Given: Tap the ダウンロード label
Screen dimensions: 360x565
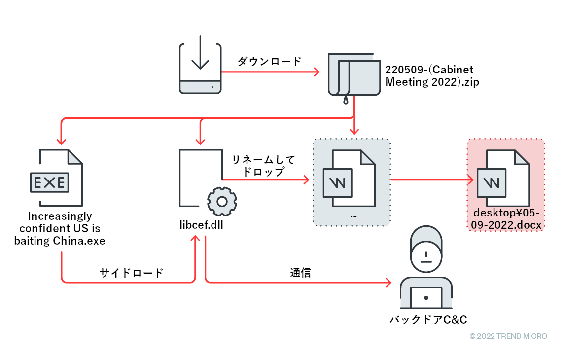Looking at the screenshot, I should point(269,62).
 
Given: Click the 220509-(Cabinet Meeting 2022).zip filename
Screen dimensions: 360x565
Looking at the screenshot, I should point(432,76).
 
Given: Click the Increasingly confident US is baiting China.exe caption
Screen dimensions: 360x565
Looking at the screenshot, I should point(60,229).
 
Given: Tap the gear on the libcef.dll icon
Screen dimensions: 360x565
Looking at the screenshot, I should point(222,202).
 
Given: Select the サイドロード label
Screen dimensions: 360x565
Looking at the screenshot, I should point(131,273).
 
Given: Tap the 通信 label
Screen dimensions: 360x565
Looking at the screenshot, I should point(300,273).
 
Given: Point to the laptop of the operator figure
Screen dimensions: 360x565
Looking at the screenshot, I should point(426,297).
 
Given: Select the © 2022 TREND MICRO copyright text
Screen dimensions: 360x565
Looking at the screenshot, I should point(508,336).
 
